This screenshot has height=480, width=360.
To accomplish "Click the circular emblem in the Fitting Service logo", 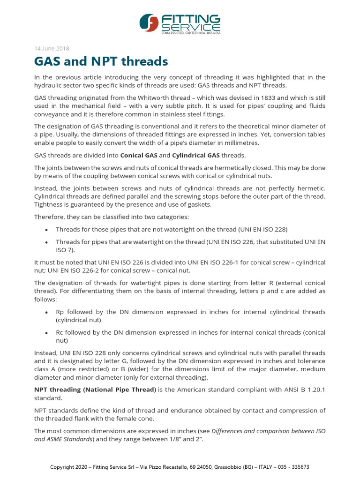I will pos(150,23).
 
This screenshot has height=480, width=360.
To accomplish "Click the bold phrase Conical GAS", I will pos(139,155).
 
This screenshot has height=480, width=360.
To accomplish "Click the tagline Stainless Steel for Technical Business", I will pos(190,33).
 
